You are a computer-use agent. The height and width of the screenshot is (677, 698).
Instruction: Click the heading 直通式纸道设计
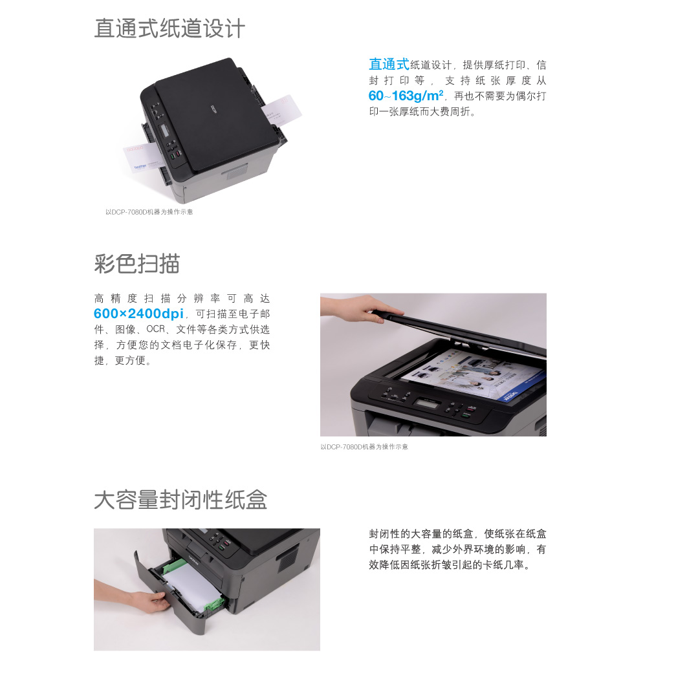(169, 28)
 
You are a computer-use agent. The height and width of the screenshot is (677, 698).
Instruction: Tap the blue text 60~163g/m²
(406, 96)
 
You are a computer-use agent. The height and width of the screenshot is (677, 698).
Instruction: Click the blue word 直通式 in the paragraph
(389, 65)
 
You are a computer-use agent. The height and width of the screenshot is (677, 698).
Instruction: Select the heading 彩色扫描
(137, 264)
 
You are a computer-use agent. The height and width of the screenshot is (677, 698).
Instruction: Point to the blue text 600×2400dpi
(138, 314)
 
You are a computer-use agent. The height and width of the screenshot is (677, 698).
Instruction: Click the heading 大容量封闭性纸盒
(180, 499)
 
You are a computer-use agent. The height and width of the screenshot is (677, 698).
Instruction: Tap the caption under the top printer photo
(149, 212)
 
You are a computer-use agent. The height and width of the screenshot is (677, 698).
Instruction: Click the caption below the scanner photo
(364, 446)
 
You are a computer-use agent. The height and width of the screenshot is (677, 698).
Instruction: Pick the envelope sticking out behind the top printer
(281, 109)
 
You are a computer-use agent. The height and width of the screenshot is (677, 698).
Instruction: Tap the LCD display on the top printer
(163, 130)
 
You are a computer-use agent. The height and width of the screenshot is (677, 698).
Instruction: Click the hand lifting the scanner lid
(360, 308)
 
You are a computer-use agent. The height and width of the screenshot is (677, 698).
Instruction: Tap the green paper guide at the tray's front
(215, 603)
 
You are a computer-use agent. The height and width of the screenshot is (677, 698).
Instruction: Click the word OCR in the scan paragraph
(156, 329)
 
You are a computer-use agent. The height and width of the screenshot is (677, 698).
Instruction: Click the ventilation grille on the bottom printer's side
(288, 559)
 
